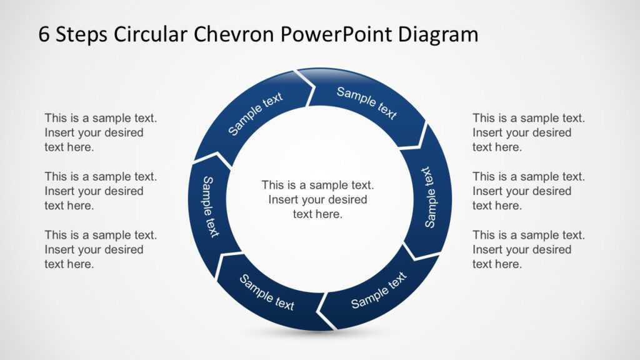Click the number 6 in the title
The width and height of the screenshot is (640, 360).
point(44,34)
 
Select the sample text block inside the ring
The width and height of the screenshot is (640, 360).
point(317,199)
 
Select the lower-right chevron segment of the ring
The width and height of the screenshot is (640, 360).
point(379,291)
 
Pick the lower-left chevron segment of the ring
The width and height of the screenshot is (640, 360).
point(266,292)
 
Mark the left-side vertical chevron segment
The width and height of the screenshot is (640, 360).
point(210,206)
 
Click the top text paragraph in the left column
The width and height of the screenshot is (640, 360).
point(100,132)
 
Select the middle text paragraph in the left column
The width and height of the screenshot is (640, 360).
point(100,191)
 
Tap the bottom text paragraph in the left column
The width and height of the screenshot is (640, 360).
point(100,249)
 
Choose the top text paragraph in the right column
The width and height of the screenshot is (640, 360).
point(528,132)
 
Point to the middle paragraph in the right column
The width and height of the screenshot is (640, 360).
point(528,191)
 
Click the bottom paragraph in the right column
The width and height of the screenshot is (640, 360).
point(528,249)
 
